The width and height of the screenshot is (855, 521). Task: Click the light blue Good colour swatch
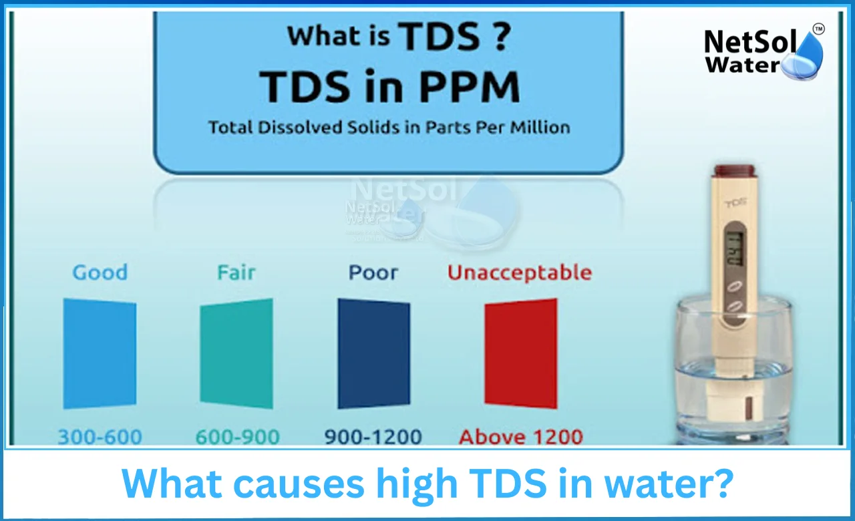tap(100, 353)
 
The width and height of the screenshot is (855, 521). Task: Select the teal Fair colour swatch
tap(236, 353)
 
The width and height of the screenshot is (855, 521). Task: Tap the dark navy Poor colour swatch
tap(373, 353)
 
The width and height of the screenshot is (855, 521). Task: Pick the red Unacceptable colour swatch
tap(520, 353)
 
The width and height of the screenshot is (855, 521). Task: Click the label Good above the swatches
tap(100, 273)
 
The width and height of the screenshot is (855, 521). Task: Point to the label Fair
tap(236, 273)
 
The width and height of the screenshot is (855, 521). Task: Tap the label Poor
tap(373, 273)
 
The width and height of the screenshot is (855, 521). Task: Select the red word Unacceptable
tap(519, 273)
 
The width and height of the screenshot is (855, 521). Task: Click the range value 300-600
tap(100, 438)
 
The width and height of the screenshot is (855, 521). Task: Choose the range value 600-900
tap(237, 438)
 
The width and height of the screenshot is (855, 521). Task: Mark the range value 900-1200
tap(373, 438)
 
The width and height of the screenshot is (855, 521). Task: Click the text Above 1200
tap(520, 438)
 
